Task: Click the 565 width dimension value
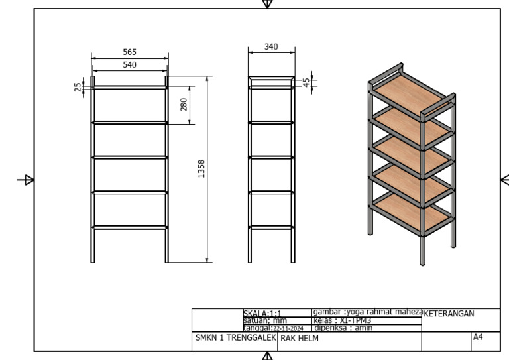(129, 52)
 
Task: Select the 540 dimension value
(129, 64)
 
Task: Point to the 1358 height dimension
(201, 169)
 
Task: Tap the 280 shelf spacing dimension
(184, 105)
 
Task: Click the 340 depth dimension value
(271, 47)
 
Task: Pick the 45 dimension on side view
(306, 82)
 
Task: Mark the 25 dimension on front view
(78, 87)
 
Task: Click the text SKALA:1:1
(262, 314)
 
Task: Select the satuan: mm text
(265, 320)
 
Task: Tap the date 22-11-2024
(288, 328)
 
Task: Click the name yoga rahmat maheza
(384, 312)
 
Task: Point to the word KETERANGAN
(449, 314)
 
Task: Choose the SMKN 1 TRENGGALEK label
(236, 338)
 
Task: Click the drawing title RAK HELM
(300, 339)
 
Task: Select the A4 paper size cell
(478, 337)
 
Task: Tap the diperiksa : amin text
(343, 328)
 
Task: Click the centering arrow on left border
(25, 180)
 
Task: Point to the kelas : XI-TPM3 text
(343, 320)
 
